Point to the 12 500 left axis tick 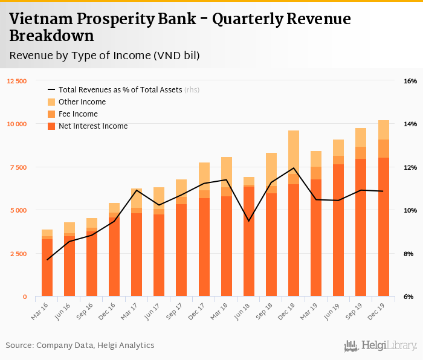17,81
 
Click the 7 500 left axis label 19,167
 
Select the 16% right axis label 410,81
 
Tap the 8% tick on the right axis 408,254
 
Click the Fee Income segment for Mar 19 316,173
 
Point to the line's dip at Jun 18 249,221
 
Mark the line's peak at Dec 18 294,168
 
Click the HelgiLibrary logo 380,346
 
